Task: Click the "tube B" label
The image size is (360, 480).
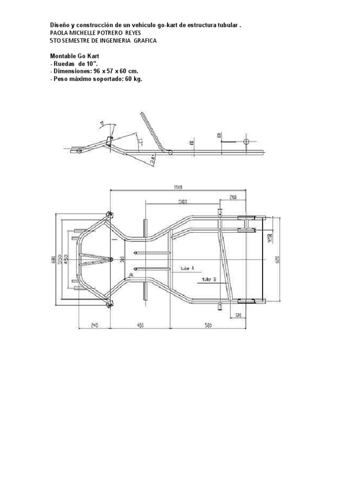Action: (x=209, y=279)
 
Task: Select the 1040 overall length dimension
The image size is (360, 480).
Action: (x=177, y=187)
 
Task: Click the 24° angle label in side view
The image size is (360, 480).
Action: (x=153, y=160)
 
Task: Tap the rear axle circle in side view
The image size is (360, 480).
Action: (x=247, y=141)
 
